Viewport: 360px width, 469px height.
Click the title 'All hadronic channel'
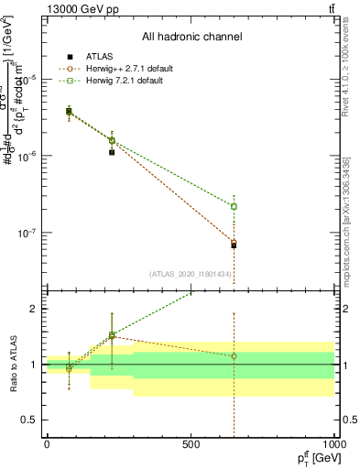[191, 37]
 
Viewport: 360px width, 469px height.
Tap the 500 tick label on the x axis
[191, 443]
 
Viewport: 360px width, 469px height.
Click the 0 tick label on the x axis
[47, 443]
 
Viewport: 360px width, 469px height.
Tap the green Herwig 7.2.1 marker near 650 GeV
[234, 206]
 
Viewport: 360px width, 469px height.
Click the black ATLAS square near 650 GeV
[234, 245]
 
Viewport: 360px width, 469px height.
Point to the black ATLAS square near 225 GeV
[112, 152]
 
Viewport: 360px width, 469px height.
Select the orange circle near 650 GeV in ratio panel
[234, 355]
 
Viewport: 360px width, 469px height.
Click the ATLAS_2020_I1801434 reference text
[191, 273]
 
